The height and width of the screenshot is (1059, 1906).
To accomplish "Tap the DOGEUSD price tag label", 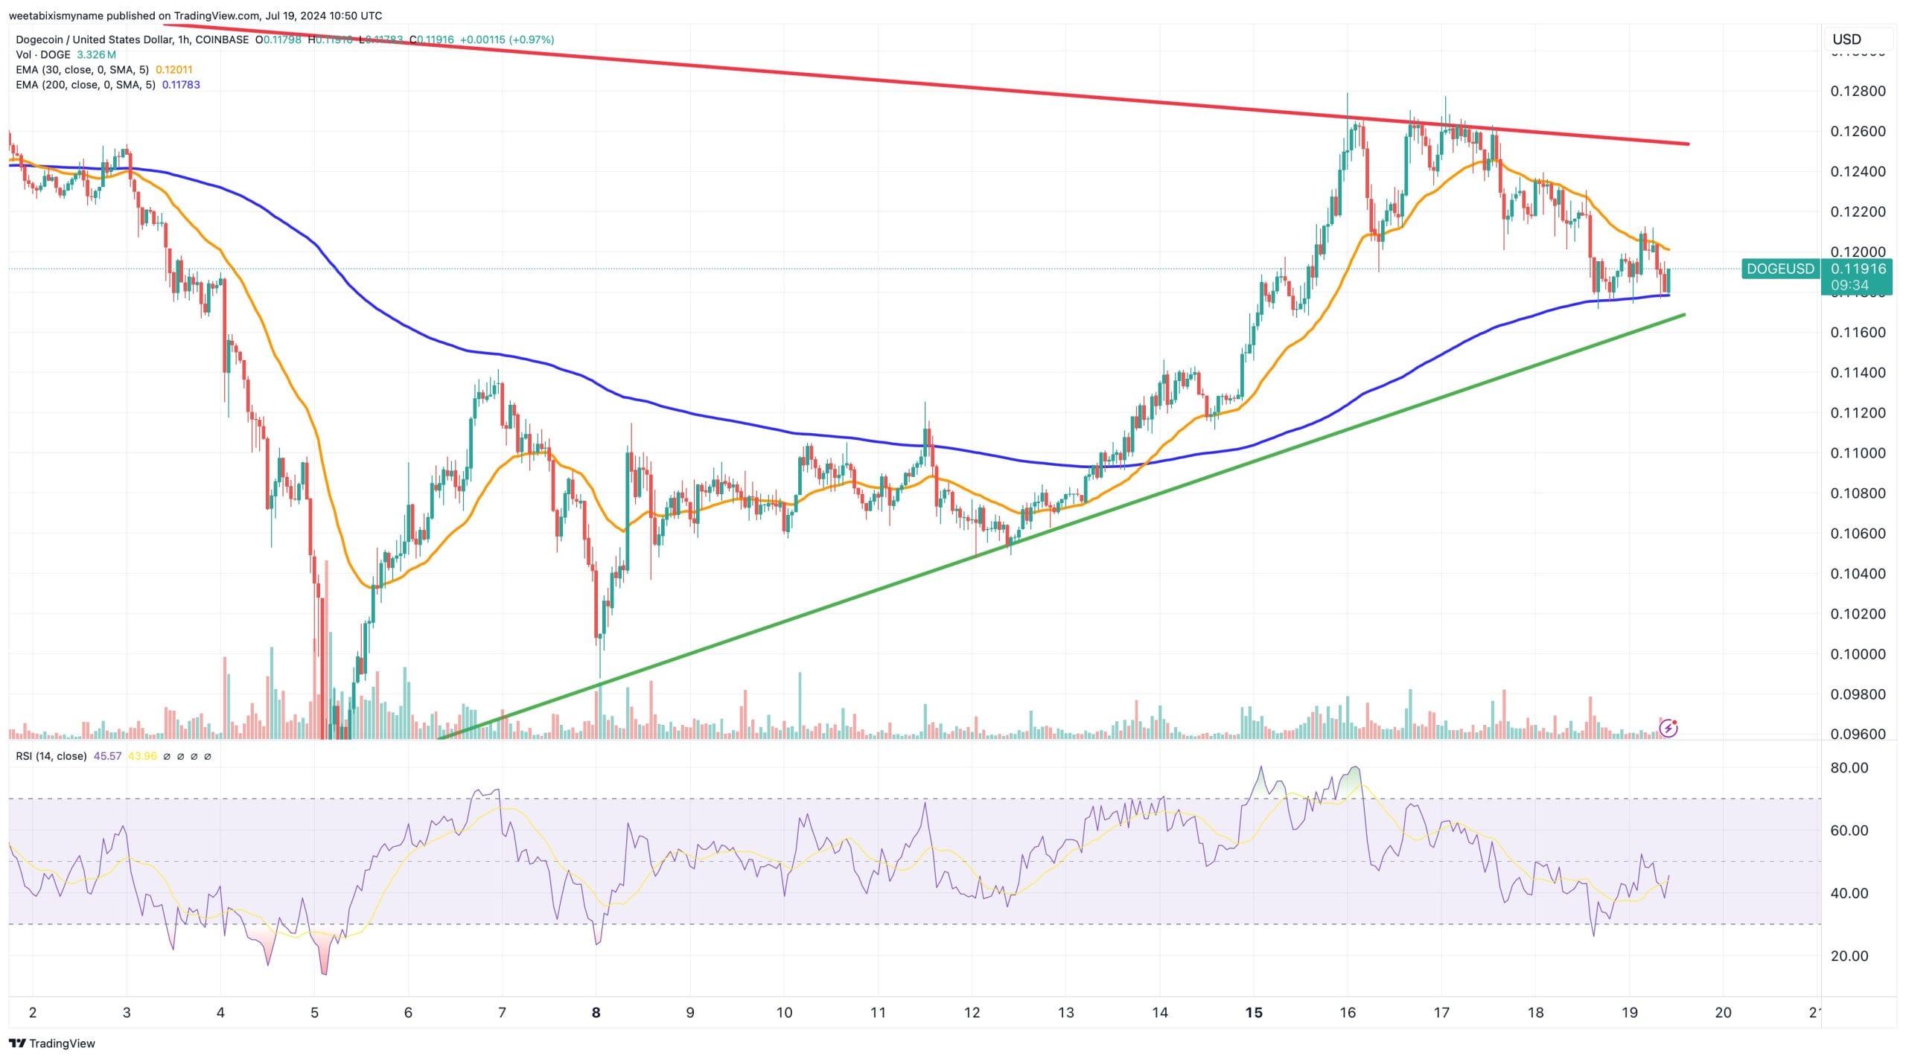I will pyautogui.click(x=1780, y=269).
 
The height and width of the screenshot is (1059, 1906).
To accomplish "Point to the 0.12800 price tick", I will pyautogui.click(x=1858, y=92).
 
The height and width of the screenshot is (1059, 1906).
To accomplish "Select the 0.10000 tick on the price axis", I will pyautogui.click(x=1858, y=654).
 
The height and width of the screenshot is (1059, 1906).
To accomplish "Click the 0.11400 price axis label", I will pyautogui.click(x=1858, y=373).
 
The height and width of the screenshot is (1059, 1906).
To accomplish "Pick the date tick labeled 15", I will pyautogui.click(x=1254, y=1012).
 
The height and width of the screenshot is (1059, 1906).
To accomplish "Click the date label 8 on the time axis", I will pyautogui.click(x=596, y=1012).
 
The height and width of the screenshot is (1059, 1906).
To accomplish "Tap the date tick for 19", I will pyautogui.click(x=1629, y=1012).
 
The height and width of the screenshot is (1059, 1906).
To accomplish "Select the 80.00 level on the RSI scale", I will pyautogui.click(x=1849, y=768).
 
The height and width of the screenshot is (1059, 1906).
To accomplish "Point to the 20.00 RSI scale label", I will pyautogui.click(x=1849, y=956).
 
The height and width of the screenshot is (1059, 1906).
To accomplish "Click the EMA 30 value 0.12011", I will pyautogui.click(x=173, y=70).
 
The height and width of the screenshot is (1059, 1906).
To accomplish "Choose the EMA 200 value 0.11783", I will pyautogui.click(x=181, y=85).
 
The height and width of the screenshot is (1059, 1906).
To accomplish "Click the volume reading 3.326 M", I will pyautogui.click(x=96, y=55).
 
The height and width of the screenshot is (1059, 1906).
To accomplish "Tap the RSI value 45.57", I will pyautogui.click(x=107, y=756).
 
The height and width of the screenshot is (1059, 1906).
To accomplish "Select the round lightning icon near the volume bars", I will pyautogui.click(x=1668, y=728).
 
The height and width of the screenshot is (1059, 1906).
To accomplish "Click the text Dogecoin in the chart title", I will pyautogui.click(x=41, y=39).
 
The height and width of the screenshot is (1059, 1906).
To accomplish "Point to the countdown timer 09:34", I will pyautogui.click(x=1849, y=285).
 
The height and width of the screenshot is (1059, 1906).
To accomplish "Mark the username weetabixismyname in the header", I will pyautogui.click(x=55, y=16).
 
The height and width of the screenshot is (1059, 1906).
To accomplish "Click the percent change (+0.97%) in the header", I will pyautogui.click(x=532, y=39).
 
